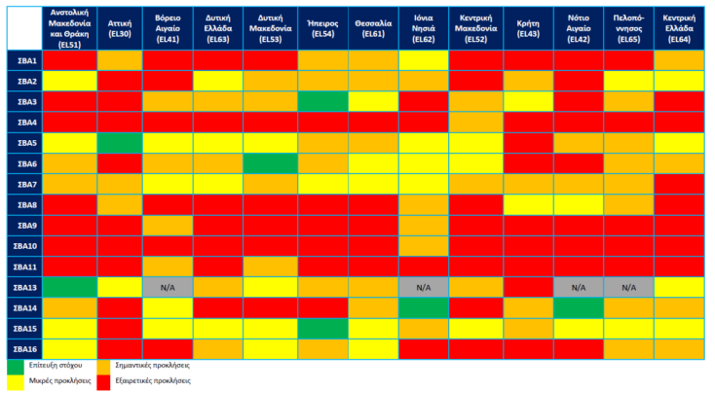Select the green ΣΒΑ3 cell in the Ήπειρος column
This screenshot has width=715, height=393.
[322, 102]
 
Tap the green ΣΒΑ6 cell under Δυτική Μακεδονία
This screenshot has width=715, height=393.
[271, 163]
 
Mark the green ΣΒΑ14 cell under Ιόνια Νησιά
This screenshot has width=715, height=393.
[424, 307]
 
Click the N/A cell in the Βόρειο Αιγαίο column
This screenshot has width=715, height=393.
[167, 287]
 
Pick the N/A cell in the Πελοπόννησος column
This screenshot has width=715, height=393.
[628, 287]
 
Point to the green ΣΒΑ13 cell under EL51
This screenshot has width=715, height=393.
[69, 287]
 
